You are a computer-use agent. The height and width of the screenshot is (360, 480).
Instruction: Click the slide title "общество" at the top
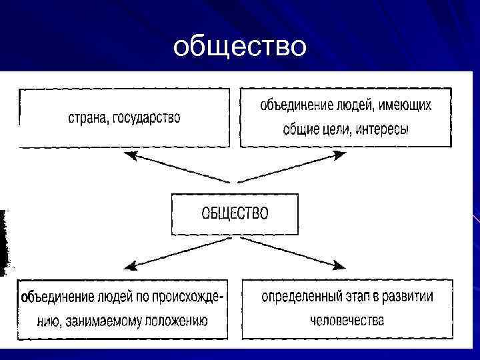239,47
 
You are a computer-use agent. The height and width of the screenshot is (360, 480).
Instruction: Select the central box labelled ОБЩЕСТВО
235,214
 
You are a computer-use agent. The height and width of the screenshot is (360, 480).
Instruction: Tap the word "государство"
147,119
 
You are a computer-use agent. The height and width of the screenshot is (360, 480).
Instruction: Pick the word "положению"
174,321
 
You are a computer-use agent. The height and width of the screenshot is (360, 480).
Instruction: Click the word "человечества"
347,320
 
